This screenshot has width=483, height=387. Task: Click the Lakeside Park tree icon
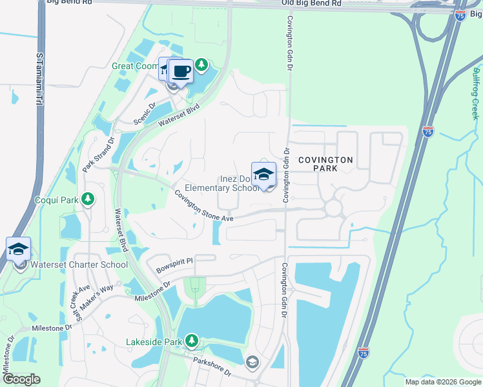pyautogui.click(x=191, y=340)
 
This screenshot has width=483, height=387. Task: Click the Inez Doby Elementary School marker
pyautogui.click(x=263, y=175)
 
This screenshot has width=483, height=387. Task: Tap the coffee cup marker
pyautogui.click(x=181, y=71)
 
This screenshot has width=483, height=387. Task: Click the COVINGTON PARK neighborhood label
pyautogui.click(x=325, y=164)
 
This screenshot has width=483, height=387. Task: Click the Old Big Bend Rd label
pyautogui.click(x=312, y=4)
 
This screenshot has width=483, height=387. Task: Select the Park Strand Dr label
pyautogui.click(x=98, y=154)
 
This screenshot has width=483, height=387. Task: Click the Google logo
pyautogui.click(x=22, y=379)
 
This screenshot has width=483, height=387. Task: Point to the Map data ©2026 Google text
pyautogui.click(x=442, y=382)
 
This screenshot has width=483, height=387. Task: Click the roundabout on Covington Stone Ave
pyautogui.click(x=333, y=208)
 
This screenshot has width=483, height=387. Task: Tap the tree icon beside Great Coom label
pyautogui.click(x=201, y=64)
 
